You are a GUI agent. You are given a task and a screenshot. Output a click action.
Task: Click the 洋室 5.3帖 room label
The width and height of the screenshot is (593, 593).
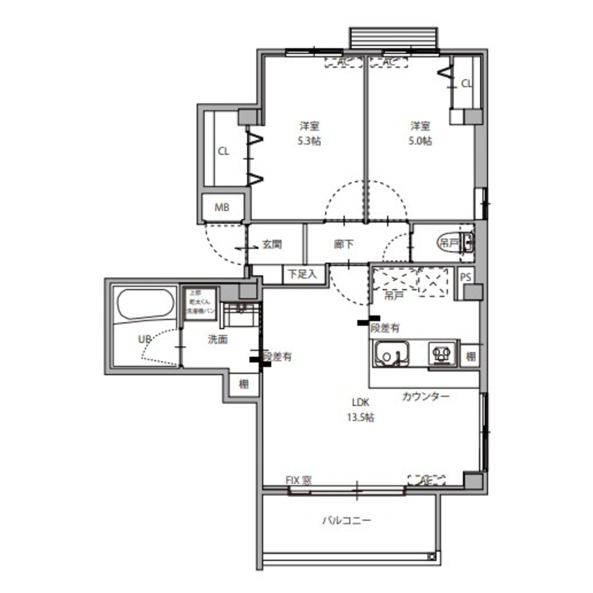[309, 133]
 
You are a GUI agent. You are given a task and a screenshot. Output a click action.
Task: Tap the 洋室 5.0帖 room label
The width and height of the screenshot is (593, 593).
[420, 133]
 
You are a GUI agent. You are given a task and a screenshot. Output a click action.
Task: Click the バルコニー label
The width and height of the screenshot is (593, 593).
[347, 521]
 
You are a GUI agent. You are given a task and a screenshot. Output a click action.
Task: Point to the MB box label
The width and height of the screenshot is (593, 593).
[221, 208]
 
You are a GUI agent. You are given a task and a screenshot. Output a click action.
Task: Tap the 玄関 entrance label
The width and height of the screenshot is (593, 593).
[271, 244]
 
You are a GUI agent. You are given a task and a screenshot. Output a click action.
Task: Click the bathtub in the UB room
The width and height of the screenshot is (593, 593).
[145, 305]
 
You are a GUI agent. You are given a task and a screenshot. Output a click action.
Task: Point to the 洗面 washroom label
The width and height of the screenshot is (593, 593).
[218, 340]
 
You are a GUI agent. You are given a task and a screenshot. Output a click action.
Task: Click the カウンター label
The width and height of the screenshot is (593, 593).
[425, 396]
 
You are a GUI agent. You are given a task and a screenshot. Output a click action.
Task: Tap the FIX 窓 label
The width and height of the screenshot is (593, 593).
[299, 480]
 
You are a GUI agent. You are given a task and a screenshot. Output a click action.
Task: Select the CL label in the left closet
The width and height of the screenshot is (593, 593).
[223, 151]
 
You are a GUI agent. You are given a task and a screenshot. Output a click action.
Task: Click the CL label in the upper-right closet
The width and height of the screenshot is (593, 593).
[467, 84]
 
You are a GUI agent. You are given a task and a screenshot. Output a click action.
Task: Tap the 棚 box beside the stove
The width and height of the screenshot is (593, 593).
[470, 357]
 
